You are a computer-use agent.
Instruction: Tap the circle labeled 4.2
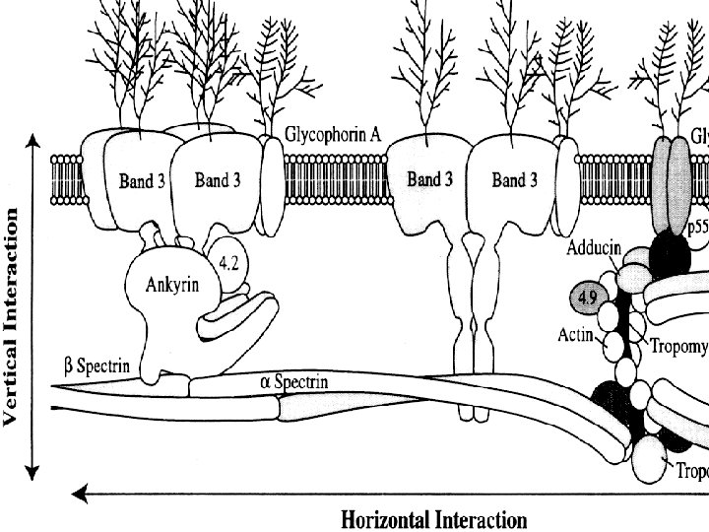coord(233,263)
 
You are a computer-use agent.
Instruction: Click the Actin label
coord(575,335)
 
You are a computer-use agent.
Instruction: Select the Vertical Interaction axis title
coord(13,315)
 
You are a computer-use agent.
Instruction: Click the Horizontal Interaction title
coord(433,518)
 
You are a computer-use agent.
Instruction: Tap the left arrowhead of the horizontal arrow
coord(85,488)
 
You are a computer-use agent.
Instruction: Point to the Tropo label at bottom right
coord(691,470)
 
